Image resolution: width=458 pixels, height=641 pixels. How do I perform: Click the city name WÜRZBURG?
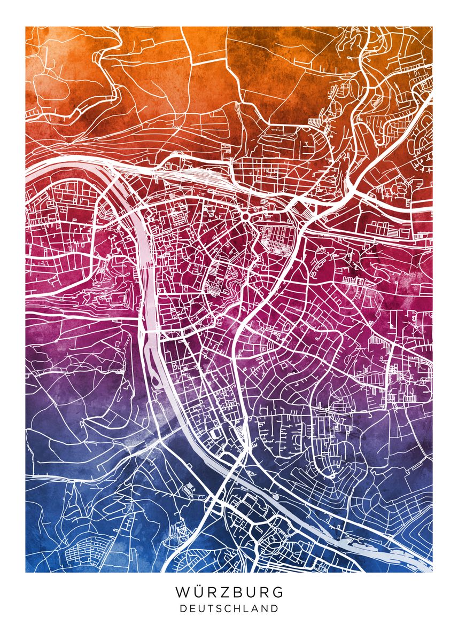(229, 592)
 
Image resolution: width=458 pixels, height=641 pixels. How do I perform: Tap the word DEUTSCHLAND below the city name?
(229, 608)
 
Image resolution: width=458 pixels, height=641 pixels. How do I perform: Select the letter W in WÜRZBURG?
(182, 592)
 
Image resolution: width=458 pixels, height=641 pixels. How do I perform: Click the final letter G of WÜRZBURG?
(278, 592)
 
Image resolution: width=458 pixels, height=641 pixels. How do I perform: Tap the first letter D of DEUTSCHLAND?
(183, 608)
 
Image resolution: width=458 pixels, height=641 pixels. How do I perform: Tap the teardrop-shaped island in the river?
(155, 381)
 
